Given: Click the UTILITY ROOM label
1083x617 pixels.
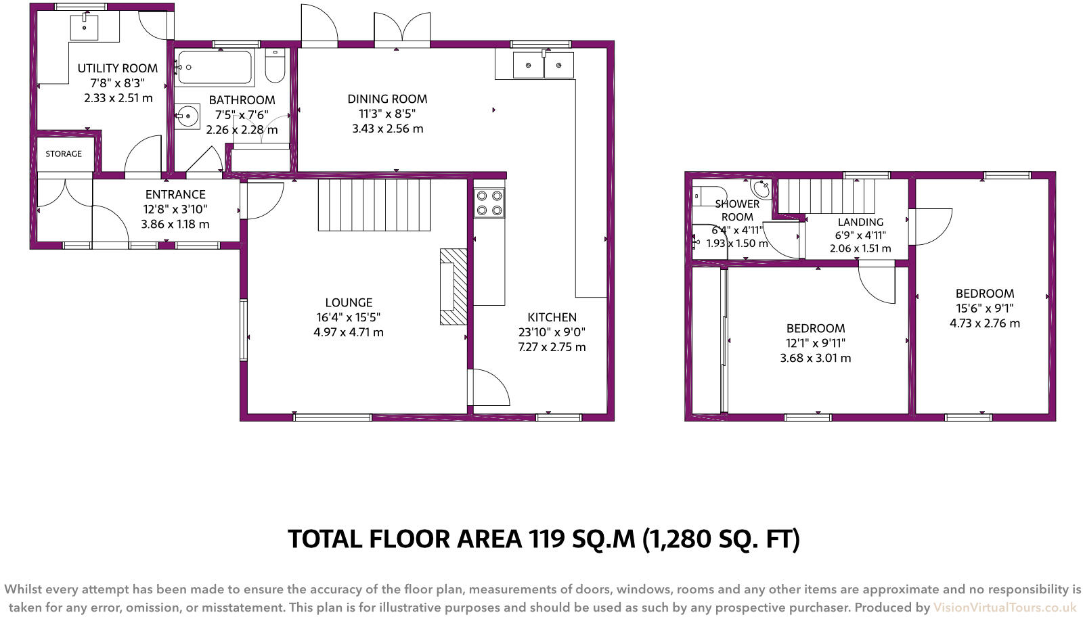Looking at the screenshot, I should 117,68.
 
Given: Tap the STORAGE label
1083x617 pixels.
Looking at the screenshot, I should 64,154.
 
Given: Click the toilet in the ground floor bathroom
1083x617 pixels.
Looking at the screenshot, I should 275,67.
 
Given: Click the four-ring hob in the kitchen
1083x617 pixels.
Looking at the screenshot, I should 489,202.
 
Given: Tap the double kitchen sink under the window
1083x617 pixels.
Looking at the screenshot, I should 544,66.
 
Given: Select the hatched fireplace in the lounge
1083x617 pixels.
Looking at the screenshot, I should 454,287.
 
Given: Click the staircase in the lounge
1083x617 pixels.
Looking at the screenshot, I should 374,205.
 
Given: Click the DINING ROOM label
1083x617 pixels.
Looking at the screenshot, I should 387,99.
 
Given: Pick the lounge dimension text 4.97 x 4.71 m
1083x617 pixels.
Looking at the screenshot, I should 349,332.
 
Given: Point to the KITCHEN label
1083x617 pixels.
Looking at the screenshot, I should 552,317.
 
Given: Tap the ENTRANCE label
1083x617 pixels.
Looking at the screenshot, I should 175,194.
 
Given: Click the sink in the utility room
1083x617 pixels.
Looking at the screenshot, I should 85,27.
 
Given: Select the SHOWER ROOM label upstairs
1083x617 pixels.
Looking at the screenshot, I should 736,210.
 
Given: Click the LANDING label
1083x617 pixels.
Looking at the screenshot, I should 860,222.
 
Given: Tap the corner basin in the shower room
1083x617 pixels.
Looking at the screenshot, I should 761,187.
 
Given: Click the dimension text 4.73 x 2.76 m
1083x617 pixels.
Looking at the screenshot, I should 984,323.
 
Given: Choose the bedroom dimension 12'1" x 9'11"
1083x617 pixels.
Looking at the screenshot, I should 815,343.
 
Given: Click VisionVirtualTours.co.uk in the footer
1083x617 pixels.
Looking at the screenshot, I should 1004,607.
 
